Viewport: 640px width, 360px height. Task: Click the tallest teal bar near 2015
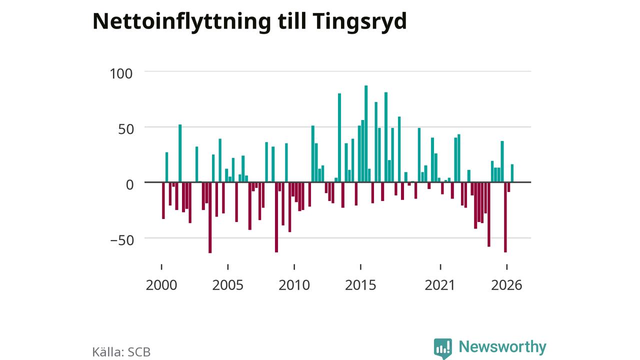pos(366,133)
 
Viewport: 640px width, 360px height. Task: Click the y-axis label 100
pos(121,73)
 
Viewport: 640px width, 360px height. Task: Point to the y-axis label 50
pos(126,129)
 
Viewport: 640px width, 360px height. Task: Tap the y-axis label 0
pos(129,185)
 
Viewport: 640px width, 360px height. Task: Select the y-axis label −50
pos(122,240)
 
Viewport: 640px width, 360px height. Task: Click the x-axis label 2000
pos(161,285)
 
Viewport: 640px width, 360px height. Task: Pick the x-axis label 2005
pos(227,285)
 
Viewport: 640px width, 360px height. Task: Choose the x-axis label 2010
pos(294,285)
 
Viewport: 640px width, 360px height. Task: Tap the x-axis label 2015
pos(360,285)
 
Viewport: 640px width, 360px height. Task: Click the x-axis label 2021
pos(440,285)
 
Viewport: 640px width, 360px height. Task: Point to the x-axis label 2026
pos(506,285)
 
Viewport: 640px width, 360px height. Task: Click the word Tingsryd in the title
pos(359,21)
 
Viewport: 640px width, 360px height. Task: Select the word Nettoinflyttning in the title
pos(181,21)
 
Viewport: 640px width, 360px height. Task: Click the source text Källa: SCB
pos(121,352)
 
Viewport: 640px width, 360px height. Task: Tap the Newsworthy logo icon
pos(443,348)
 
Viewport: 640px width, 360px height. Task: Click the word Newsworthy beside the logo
pos(502,346)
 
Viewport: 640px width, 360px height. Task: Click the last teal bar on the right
pos(512,173)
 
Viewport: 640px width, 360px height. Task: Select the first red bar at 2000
pos(163,200)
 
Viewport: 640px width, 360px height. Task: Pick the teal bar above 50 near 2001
pos(180,153)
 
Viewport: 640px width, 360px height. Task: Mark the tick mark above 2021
pos(440,267)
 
